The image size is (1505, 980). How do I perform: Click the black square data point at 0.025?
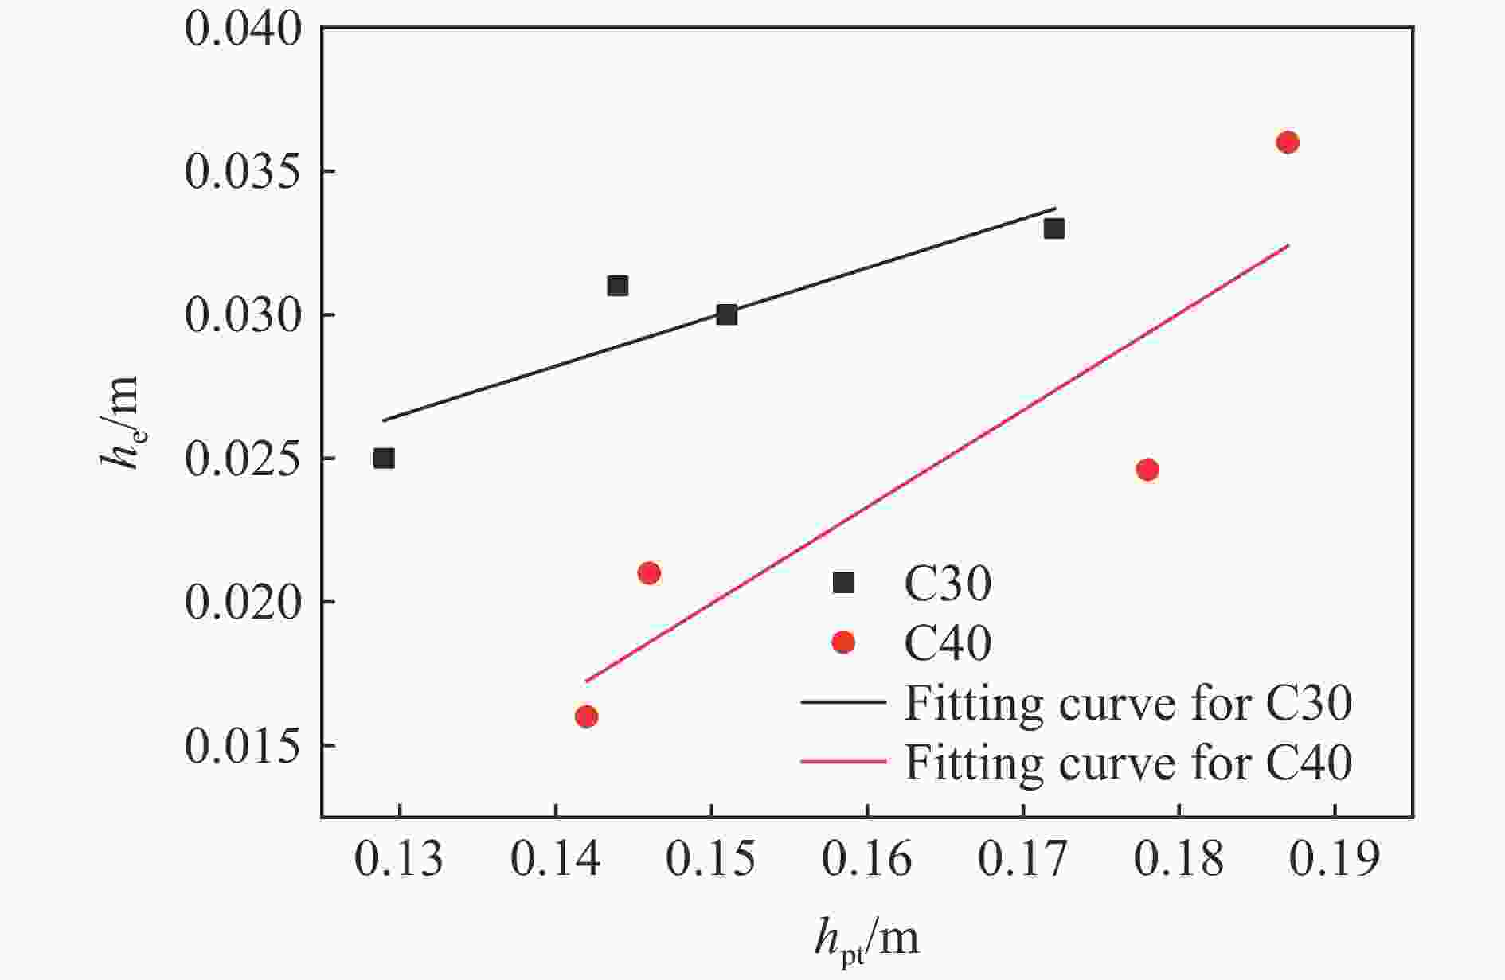coord(384,459)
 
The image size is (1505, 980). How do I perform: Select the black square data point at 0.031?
coord(618,286)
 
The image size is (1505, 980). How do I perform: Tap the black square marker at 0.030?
coord(726,315)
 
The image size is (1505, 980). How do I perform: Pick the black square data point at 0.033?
coord(1054,229)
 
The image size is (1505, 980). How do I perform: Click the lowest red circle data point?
coord(586,716)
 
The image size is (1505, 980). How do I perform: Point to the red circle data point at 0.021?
coord(649,573)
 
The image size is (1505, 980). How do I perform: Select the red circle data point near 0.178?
coord(1147,470)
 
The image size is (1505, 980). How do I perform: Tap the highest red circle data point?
coord(1288,143)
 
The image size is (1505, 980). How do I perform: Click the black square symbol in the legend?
coord(842,583)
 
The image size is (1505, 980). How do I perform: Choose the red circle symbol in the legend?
coord(842,642)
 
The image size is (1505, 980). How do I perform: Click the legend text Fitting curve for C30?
coord(1128,704)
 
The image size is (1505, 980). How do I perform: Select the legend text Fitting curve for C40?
coord(1128,763)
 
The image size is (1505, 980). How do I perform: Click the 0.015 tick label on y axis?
coord(244,746)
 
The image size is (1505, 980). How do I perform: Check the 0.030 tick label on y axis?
coord(244,316)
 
